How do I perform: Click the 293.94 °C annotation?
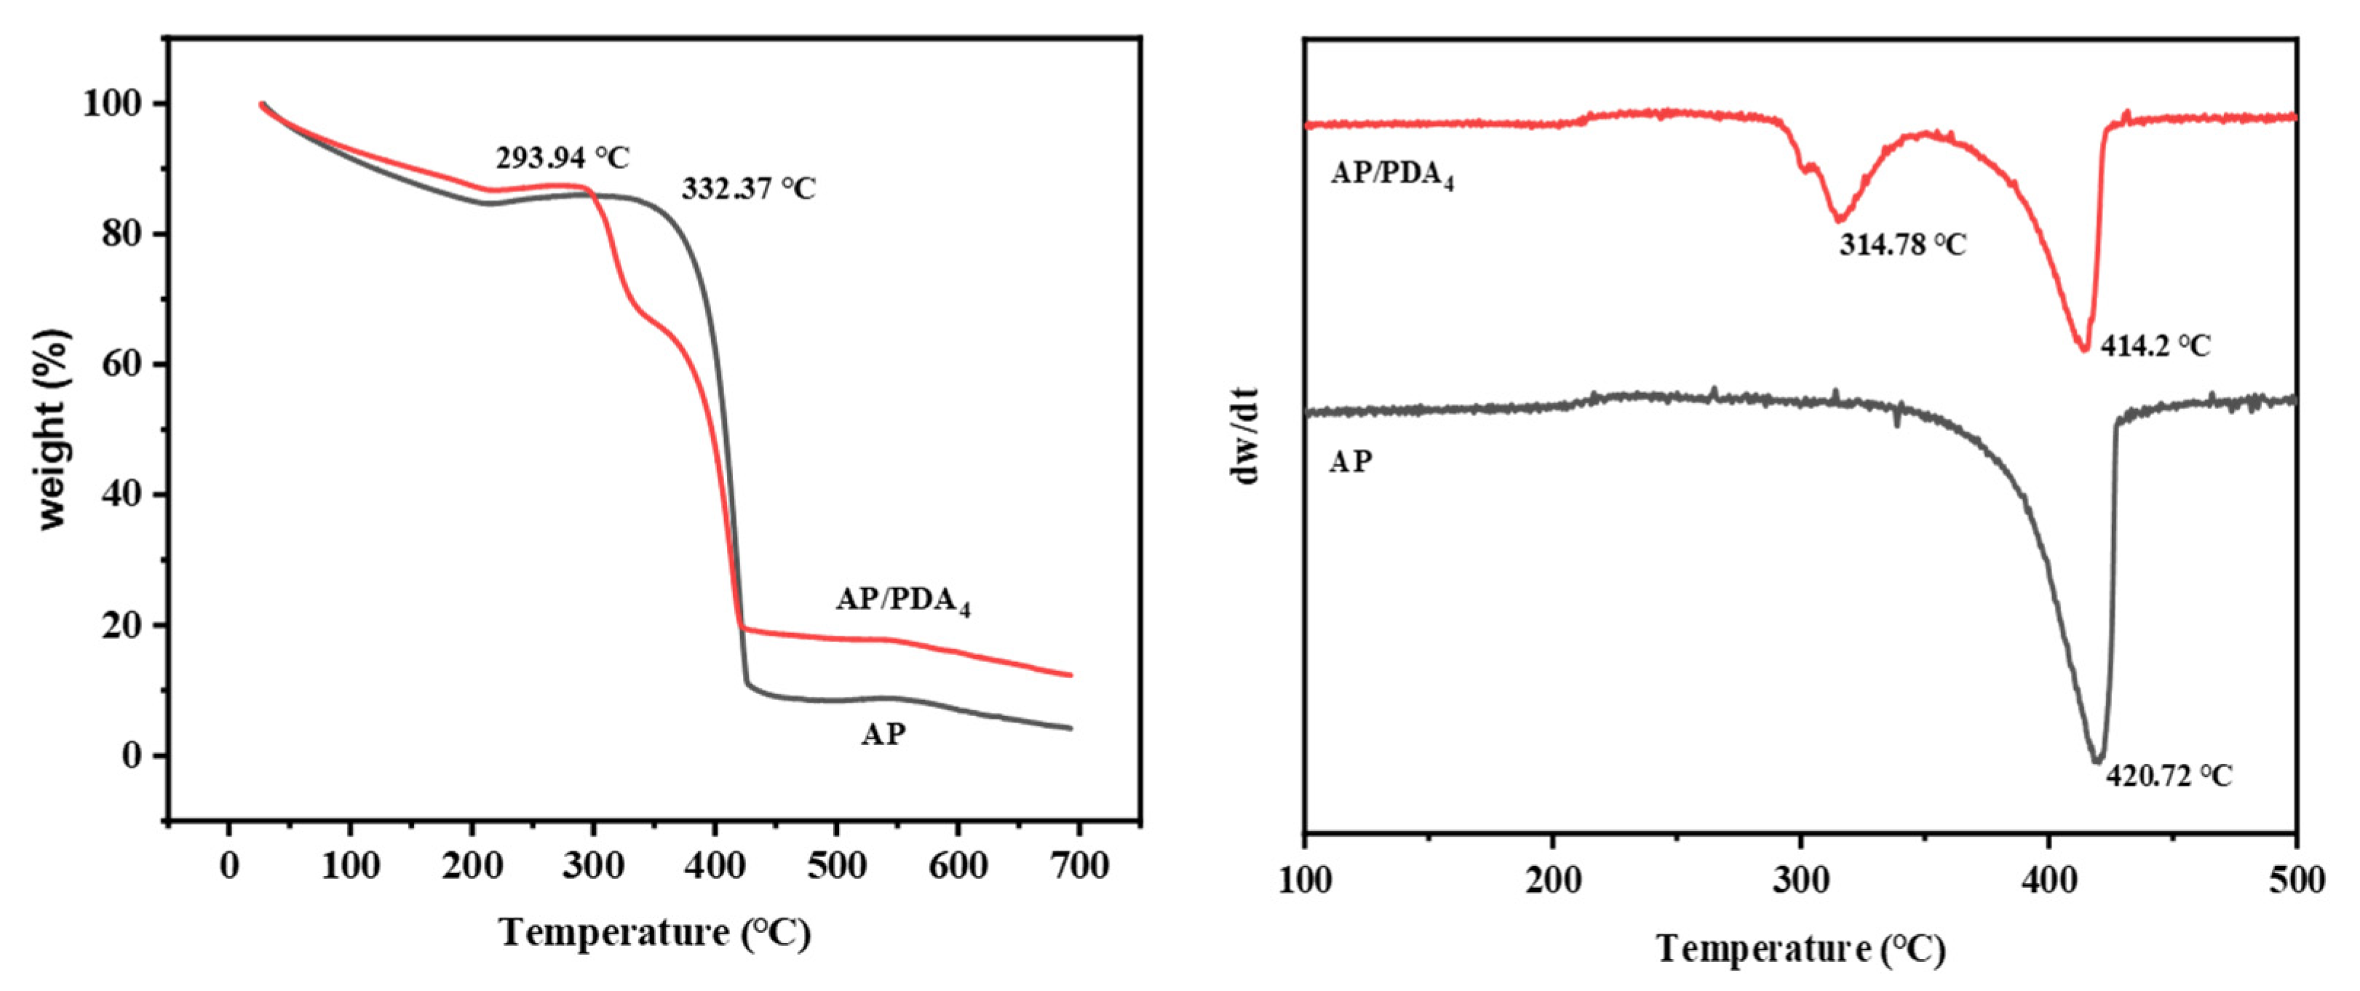pyautogui.click(x=563, y=159)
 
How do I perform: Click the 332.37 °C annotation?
pyautogui.click(x=747, y=188)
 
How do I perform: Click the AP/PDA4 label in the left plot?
pyautogui.click(x=902, y=601)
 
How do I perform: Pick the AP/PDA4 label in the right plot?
pyautogui.click(x=1391, y=174)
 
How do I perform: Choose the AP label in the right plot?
pyautogui.click(x=1351, y=461)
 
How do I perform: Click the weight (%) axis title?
pyautogui.click(x=53, y=429)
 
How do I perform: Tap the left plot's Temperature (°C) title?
pyautogui.click(x=654, y=934)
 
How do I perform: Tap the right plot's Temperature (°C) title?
pyautogui.click(x=1800, y=949)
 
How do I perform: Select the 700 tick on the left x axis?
pyautogui.click(x=1079, y=866)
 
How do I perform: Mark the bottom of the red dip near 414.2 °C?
pyautogui.click(x=2084, y=350)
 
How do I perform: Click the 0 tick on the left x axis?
pyautogui.click(x=229, y=866)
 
